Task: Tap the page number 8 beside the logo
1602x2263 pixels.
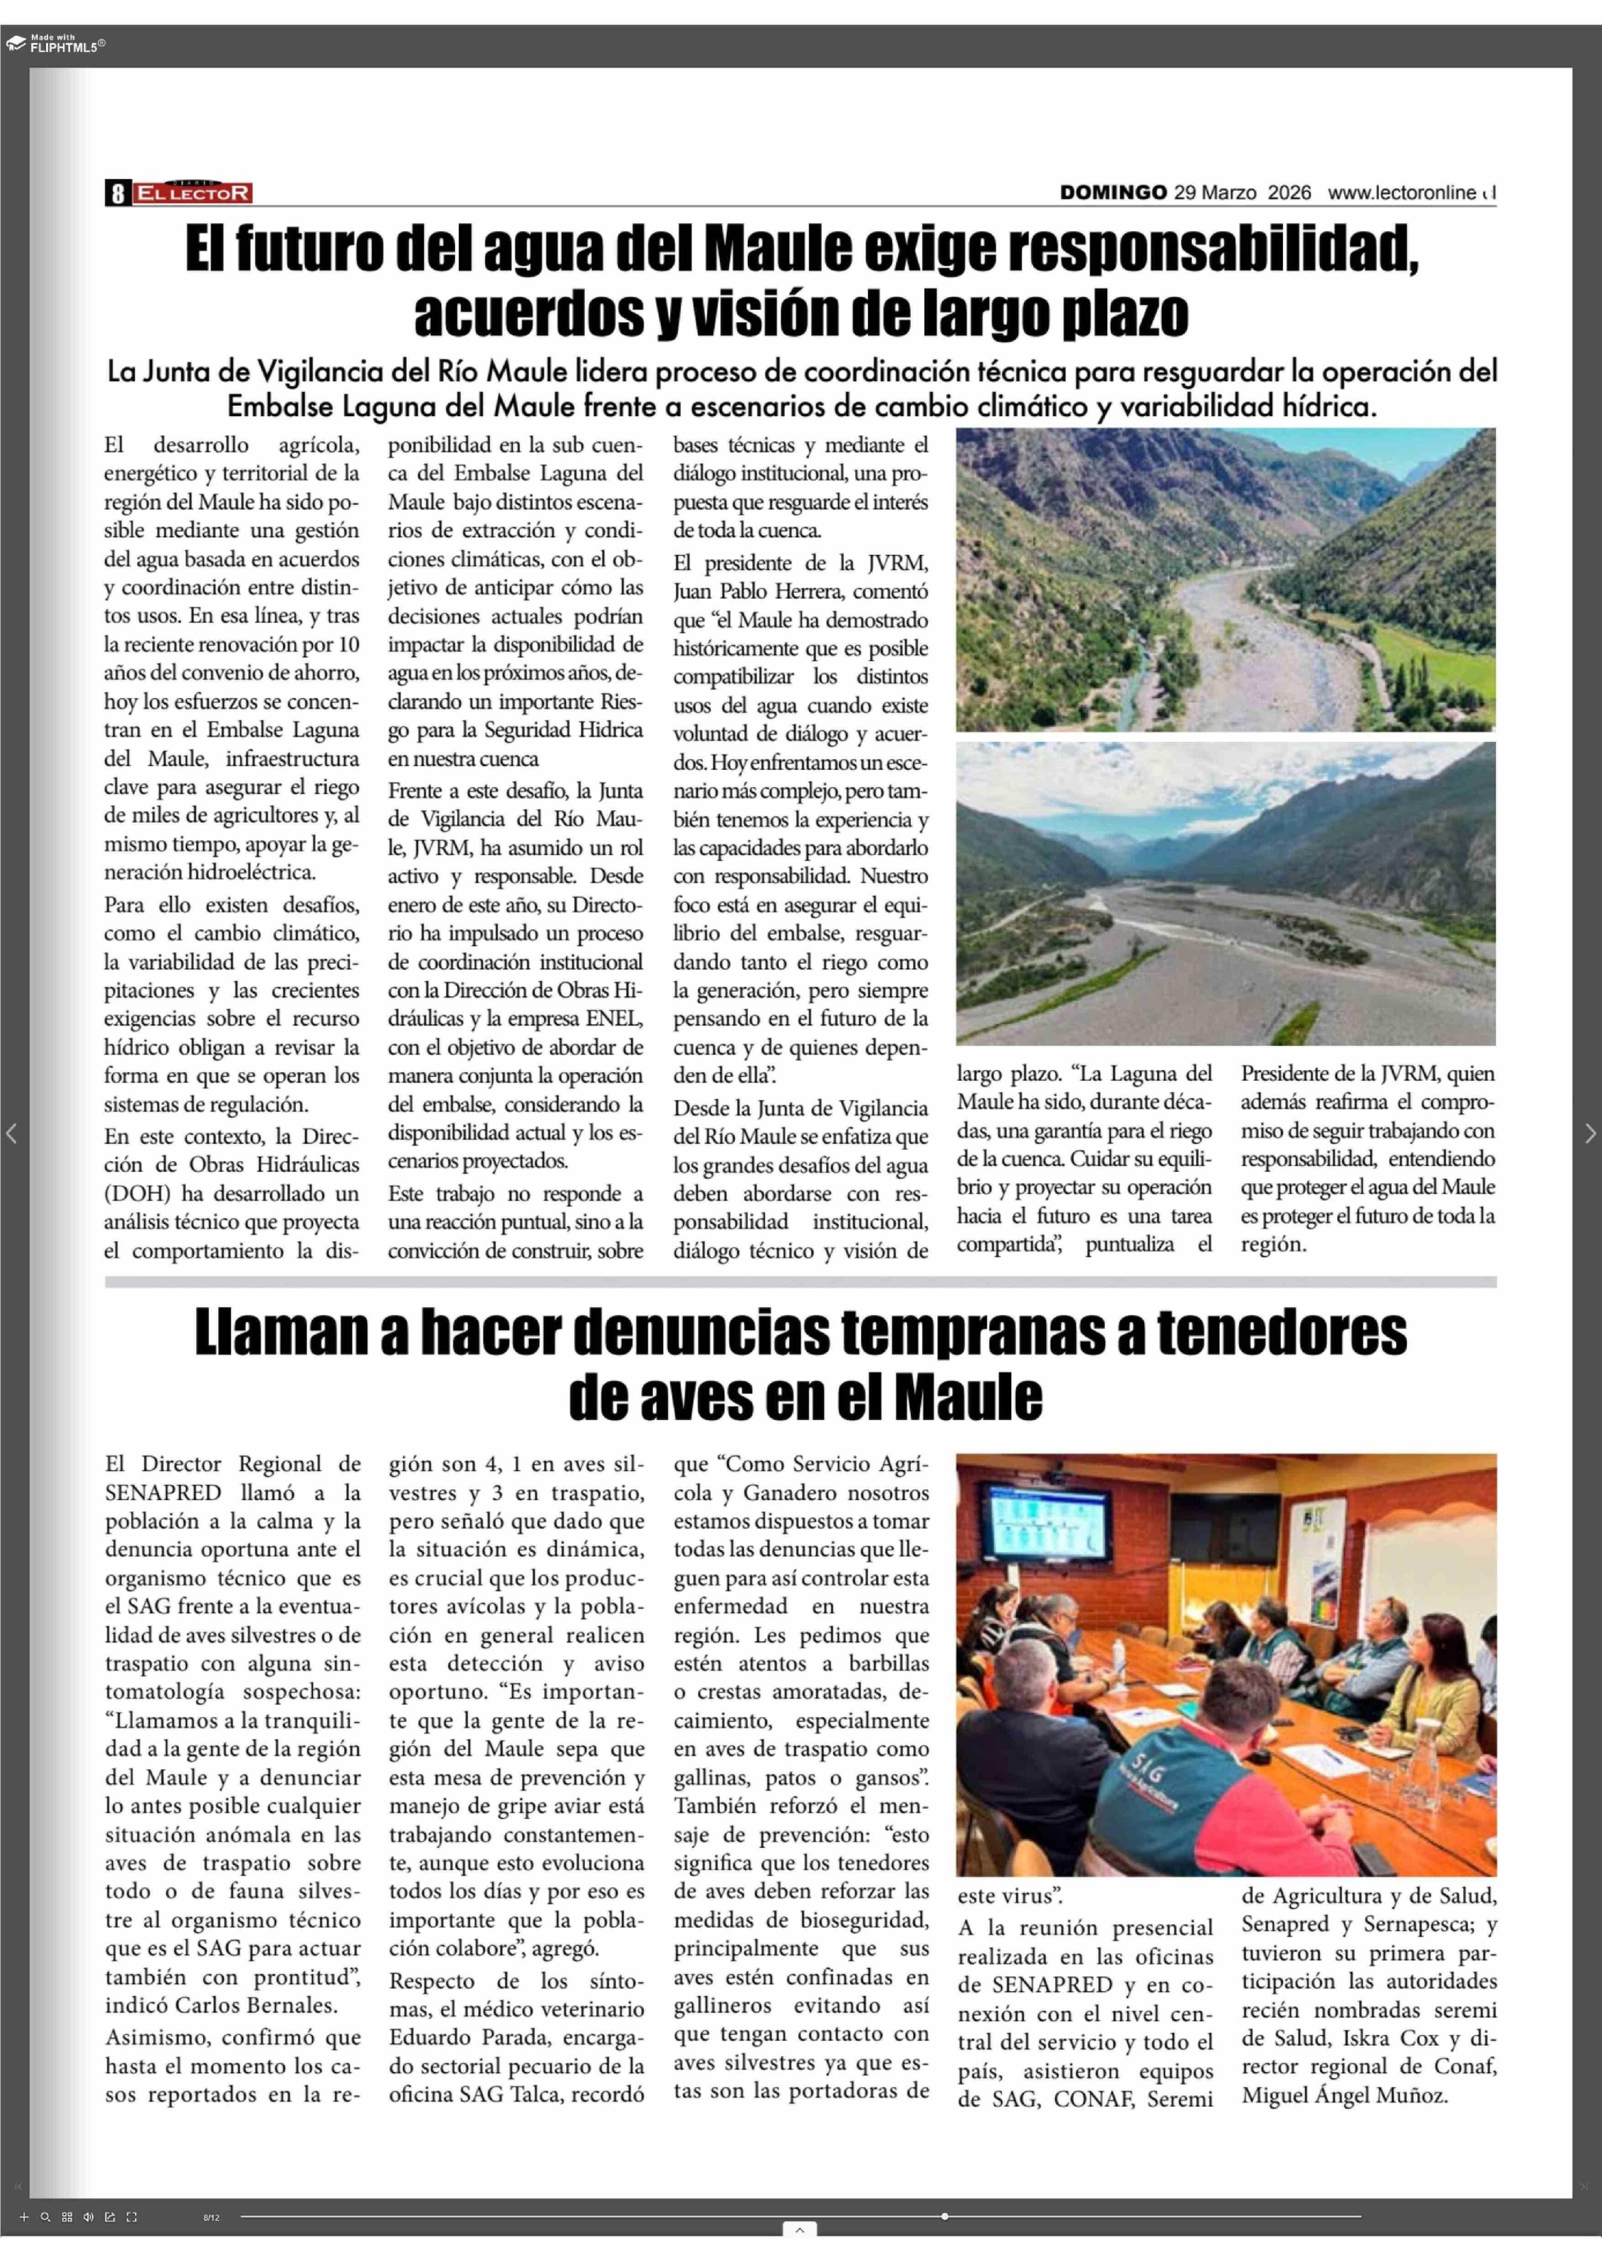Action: point(117,192)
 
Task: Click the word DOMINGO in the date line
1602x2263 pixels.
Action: point(1113,192)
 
